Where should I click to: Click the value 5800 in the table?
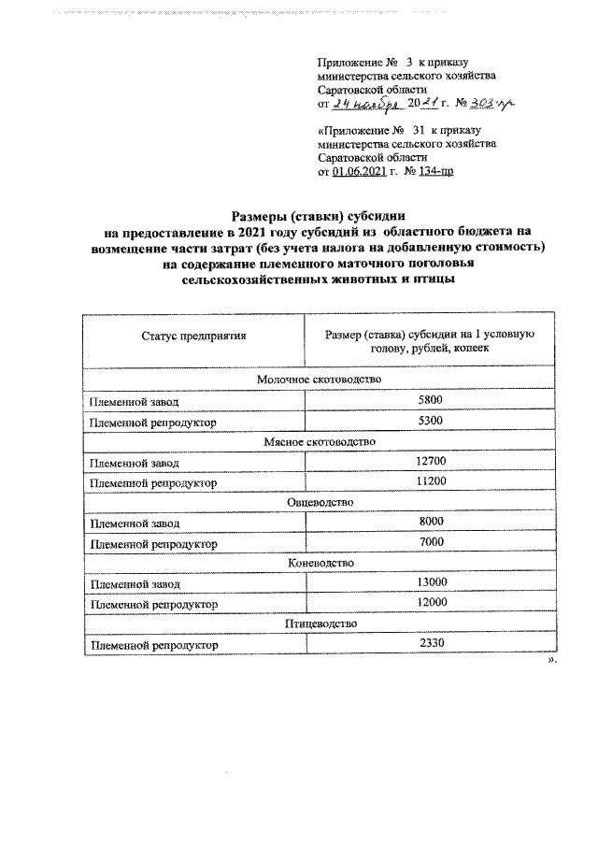[431, 400]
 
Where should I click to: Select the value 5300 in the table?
[431, 422]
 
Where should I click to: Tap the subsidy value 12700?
[431, 462]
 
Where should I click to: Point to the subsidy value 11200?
[431, 482]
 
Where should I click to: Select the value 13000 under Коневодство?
[431, 583]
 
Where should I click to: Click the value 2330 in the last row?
[431, 645]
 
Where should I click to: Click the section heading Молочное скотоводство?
[317, 380]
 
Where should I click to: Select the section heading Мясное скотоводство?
[317, 441]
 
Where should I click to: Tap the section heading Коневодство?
[317, 564]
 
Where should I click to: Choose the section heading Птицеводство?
[317, 624]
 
